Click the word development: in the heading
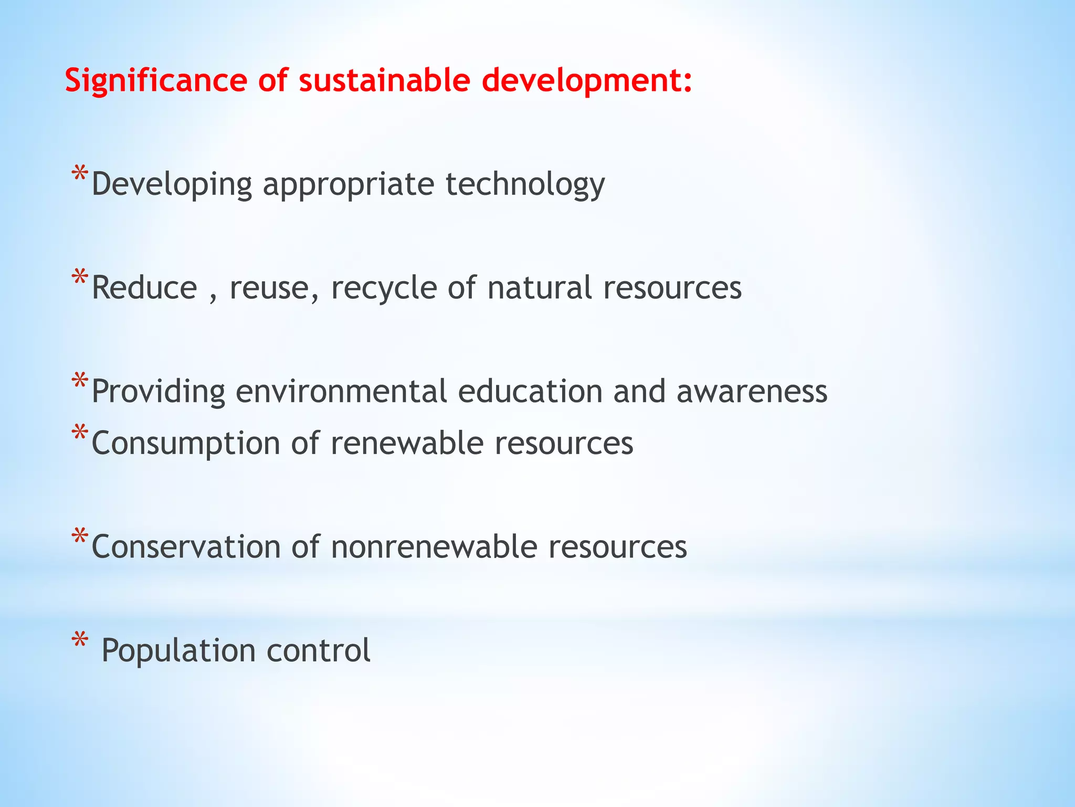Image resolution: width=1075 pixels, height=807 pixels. point(587,81)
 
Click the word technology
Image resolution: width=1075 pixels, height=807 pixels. point(525,185)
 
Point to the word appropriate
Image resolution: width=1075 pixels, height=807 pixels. point(349,185)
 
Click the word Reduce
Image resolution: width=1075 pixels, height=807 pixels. point(144,288)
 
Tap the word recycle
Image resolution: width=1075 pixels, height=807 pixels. point(384,288)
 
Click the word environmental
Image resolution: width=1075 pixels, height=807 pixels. point(341,392)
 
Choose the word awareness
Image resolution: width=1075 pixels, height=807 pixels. point(752,392)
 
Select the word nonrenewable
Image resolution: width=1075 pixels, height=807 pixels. point(434,547)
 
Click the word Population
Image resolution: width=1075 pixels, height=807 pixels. point(178,651)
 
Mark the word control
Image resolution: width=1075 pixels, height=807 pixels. point(319,651)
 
